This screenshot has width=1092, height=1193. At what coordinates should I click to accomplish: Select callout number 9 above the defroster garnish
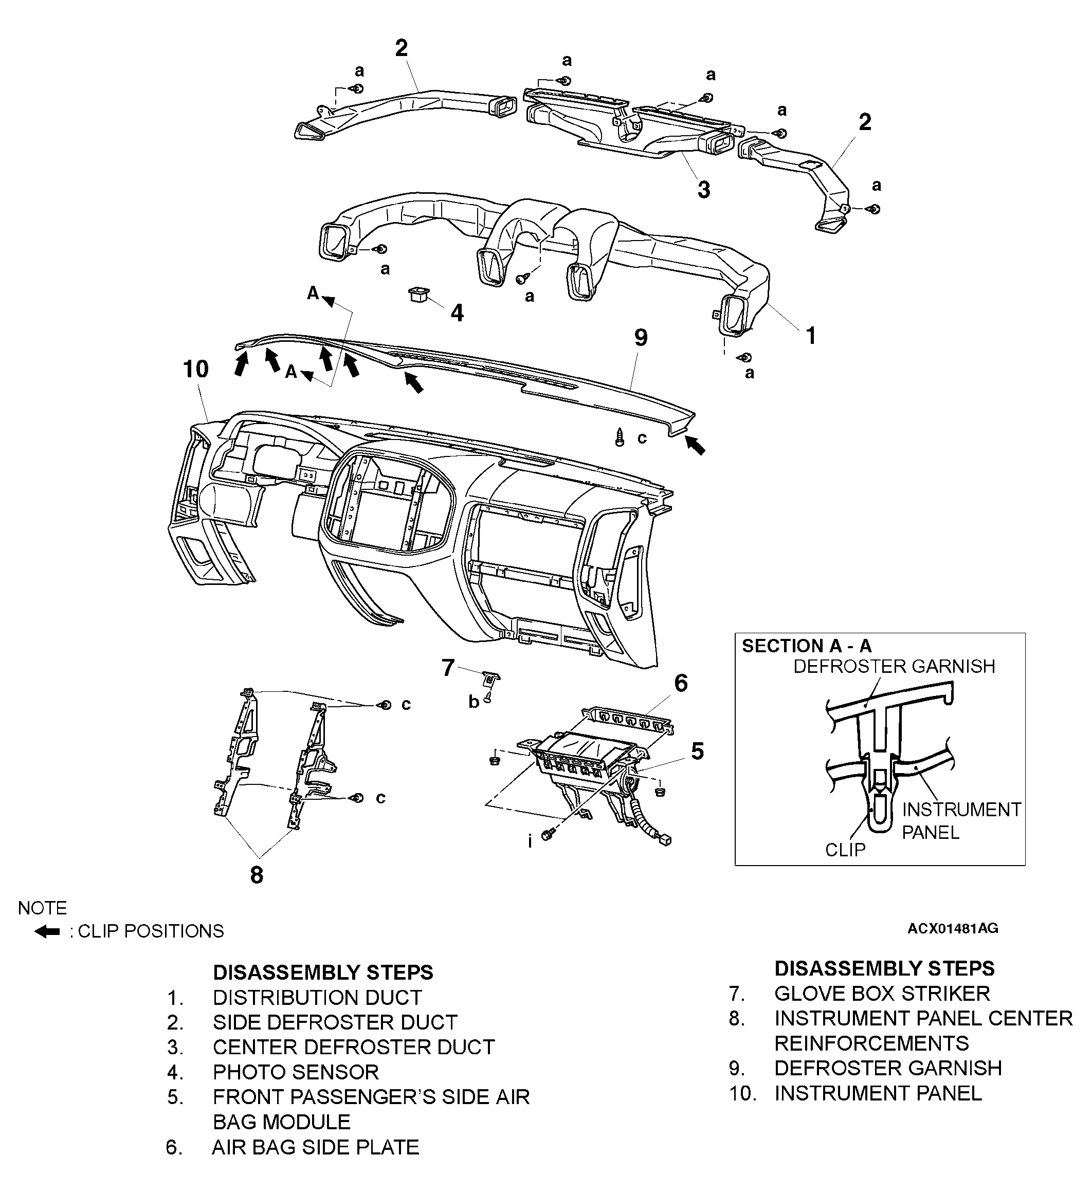point(641,338)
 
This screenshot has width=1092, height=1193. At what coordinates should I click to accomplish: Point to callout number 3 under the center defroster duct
point(703,190)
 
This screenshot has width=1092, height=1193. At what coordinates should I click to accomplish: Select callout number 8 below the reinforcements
point(256,875)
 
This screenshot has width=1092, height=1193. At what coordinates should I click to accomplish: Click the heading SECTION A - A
point(806,646)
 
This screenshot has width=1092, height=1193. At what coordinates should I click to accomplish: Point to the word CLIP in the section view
point(845,849)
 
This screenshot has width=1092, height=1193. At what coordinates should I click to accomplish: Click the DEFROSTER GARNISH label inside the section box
point(894,666)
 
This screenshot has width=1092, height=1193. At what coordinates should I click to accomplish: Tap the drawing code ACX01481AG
point(952,928)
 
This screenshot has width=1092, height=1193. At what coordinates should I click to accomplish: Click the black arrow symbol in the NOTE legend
point(47,931)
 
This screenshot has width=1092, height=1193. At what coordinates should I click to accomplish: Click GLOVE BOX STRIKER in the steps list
point(881,993)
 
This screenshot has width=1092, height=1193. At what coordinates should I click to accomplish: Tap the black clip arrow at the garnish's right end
point(696,445)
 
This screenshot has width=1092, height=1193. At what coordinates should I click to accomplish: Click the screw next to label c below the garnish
point(620,437)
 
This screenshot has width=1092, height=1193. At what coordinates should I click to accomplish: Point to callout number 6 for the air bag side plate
point(681,683)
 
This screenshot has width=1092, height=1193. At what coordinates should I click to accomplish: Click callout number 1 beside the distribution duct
point(811,336)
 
